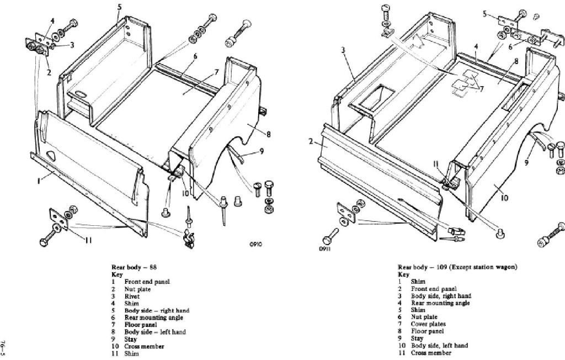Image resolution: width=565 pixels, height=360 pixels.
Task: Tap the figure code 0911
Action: coord(326,248)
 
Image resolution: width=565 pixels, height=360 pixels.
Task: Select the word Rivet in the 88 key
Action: coord(131,296)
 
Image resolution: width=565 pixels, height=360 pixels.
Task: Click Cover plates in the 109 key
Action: coord(428,324)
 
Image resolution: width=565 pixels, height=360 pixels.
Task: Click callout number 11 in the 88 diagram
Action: coord(88,239)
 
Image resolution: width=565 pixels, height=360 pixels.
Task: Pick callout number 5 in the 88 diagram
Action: coord(119,7)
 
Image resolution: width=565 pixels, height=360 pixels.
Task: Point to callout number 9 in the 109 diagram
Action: coord(526,162)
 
